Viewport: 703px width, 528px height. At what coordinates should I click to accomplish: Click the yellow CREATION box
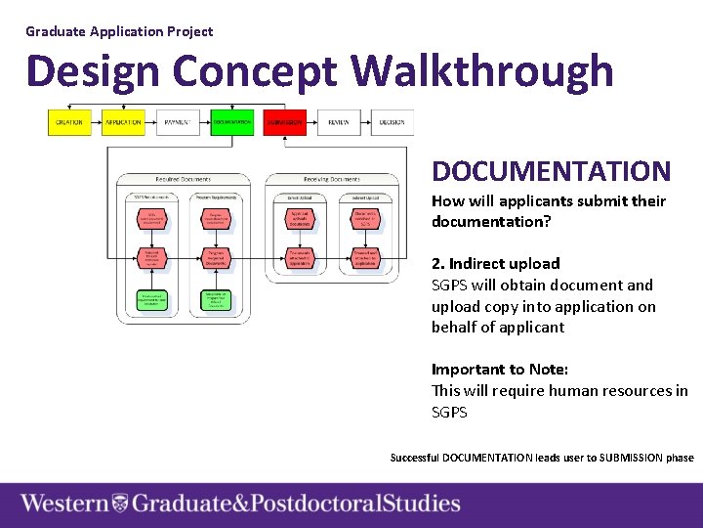click(68, 123)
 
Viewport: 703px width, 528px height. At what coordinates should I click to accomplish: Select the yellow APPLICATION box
click(123, 123)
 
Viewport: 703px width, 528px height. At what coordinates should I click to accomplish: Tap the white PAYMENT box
click(178, 123)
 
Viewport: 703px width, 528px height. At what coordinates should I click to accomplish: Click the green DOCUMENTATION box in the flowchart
click(231, 123)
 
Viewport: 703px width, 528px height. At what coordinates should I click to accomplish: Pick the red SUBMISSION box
click(285, 123)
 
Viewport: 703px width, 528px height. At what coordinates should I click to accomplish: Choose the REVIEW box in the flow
click(339, 123)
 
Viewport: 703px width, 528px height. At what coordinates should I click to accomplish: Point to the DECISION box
click(393, 123)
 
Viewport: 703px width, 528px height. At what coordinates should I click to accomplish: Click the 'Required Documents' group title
click(183, 179)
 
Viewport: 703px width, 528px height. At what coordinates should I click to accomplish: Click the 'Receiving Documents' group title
click(331, 179)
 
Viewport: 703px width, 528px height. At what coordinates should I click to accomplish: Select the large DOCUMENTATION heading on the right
click(552, 172)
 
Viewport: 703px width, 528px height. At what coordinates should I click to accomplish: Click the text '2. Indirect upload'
click(496, 263)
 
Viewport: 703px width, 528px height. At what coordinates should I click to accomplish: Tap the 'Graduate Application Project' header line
click(119, 31)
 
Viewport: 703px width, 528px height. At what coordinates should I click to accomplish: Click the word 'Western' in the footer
click(64, 505)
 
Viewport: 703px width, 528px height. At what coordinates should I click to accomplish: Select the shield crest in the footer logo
click(120, 505)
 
